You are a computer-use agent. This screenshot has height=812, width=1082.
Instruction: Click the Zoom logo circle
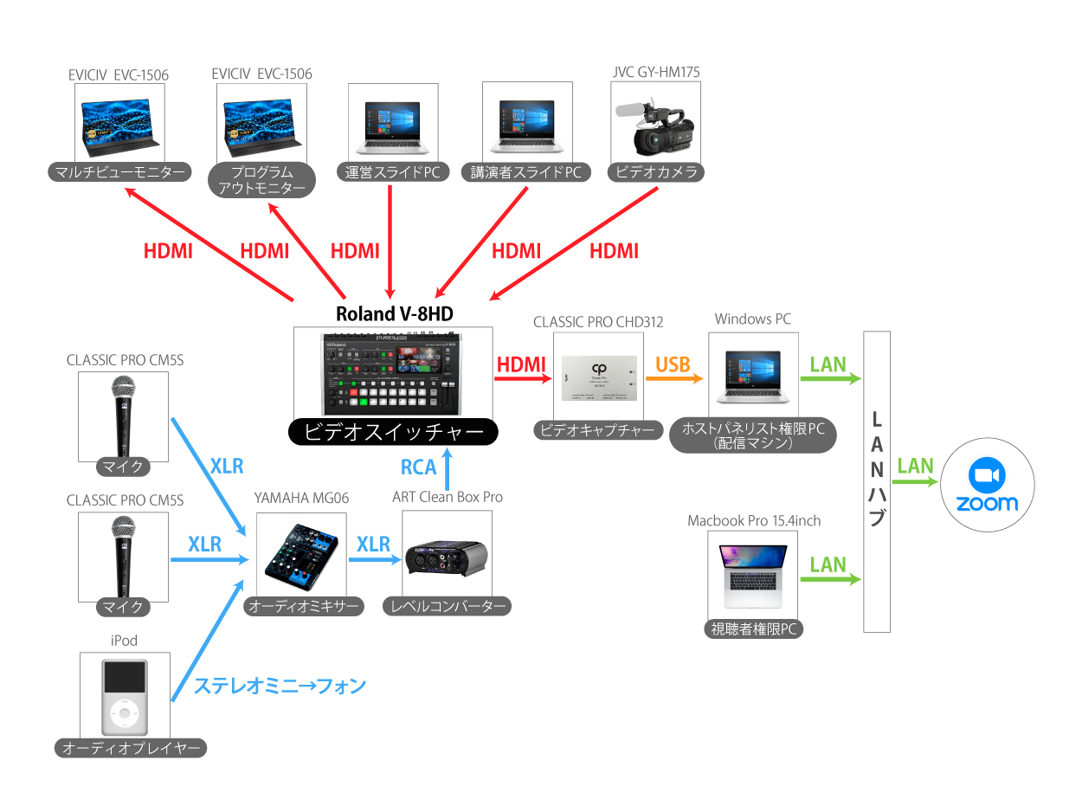(987, 487)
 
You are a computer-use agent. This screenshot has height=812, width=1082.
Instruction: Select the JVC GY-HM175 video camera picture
(655, 122)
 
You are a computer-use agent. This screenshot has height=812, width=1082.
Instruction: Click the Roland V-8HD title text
(394, 313)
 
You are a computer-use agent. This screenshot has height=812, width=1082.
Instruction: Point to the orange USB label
(673, 364)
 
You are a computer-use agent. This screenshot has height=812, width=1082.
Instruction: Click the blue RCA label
(419, 467)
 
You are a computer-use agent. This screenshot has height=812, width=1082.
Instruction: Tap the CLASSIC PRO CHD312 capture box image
(598, 378)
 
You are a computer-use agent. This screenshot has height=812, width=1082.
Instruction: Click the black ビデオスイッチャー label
(394, 431)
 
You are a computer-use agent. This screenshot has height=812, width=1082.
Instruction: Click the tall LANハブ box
(877, 480)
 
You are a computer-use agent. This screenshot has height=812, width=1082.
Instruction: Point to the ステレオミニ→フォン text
(280, 686)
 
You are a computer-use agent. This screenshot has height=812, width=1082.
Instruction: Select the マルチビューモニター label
(119, 172)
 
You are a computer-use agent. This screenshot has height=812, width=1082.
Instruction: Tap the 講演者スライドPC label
(525, 172)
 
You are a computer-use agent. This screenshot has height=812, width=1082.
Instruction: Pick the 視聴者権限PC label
(753, 629)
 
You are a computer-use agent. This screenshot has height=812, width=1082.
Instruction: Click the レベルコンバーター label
(447, 606)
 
